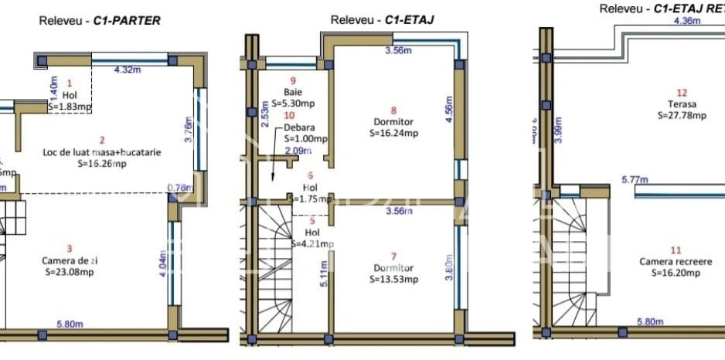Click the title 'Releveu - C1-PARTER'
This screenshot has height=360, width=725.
(x=100, y=21)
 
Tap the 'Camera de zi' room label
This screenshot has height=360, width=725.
(x=70, y=260)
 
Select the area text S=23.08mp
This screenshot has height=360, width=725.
(x=70, y=272)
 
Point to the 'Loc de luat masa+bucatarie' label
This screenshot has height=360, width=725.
(x=102, y=152)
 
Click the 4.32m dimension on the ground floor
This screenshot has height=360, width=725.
(x=128, y=70)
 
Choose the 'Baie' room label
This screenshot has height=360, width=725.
(x=294, y=92)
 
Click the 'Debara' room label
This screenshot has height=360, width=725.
(x=299, y=127)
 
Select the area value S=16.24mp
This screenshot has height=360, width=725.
(x=393, y=133)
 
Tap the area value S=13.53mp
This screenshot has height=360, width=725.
(x=393, y=279)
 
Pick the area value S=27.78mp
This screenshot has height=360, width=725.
(x=682, y=115)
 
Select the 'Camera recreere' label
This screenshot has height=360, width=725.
(x=676, y=261)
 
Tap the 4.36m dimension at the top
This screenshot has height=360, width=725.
(x=687, y=22)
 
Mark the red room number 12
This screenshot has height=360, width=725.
(x=682, y=92)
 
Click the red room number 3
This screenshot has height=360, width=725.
(x=70, y=248)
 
